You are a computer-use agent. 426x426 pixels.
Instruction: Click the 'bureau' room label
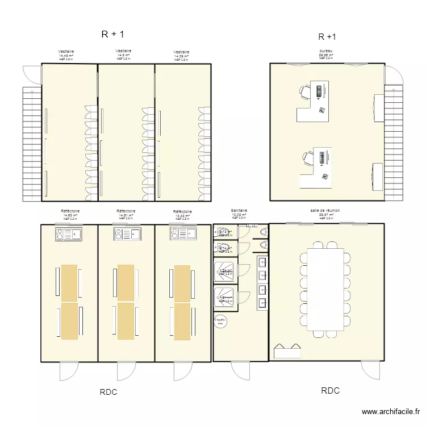click(326, 51)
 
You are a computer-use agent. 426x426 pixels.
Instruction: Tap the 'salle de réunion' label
click(325, 210)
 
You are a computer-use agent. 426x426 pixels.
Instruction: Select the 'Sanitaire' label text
click(239, 211)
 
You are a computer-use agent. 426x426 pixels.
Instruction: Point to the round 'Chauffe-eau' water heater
click(220, 321)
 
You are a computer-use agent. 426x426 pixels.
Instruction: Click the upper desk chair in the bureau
click(304, 91)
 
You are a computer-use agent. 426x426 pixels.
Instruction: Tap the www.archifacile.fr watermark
click(391, 412)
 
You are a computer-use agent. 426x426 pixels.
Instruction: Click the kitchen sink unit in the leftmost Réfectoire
click(69, 233)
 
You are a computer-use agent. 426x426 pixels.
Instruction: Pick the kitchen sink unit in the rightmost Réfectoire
click(182, 233)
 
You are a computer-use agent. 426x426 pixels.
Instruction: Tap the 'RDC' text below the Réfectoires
click(109, 392)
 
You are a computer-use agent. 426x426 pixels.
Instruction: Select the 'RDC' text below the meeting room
click(330, 391)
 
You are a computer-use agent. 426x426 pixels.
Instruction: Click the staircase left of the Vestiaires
click(32, 144)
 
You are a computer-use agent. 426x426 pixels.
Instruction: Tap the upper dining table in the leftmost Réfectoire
click(69, 283)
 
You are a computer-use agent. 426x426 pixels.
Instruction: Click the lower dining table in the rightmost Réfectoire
click(182, 321)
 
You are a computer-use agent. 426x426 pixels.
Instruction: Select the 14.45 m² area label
click(66, 55)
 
